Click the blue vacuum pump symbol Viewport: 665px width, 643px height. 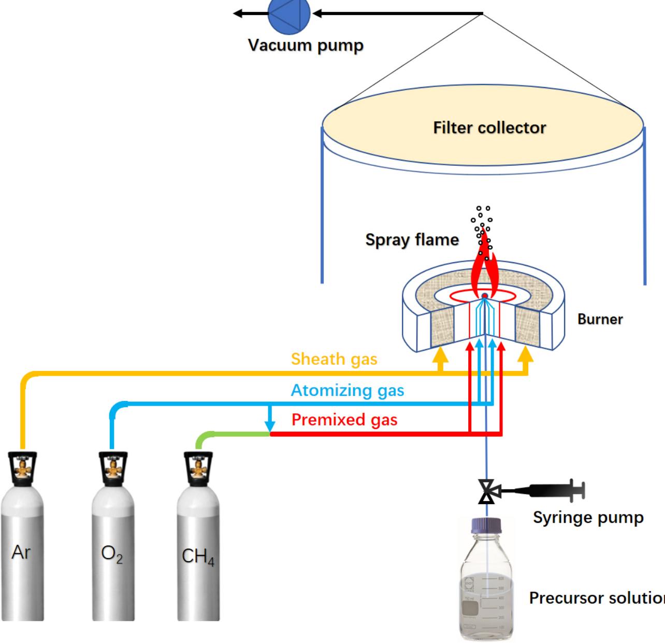289,13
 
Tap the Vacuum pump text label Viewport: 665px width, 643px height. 306,46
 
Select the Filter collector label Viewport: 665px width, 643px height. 489,128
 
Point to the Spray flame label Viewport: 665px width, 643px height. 412,240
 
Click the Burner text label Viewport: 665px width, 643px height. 600,319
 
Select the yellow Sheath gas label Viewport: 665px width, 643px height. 334,359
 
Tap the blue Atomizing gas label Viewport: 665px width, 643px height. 347,390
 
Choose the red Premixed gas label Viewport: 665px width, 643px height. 344,420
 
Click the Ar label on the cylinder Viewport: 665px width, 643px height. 21,553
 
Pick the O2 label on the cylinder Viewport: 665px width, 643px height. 112,554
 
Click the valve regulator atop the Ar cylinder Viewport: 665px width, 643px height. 22,469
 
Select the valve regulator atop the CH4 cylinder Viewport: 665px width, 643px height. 198,469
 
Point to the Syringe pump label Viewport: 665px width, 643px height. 588,518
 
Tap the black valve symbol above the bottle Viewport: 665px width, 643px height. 486,491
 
